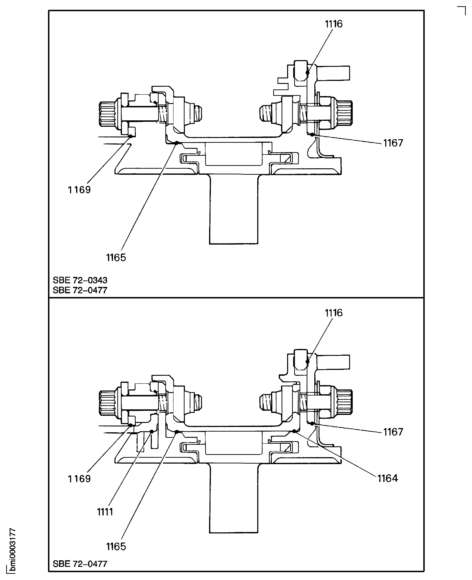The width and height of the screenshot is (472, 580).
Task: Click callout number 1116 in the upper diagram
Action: (334, 24)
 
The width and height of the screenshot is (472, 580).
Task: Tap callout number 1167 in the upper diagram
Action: (393, 143)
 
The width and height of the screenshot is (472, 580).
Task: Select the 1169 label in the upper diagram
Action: (79, 190)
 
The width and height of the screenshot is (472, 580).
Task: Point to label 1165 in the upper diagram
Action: (116, 257)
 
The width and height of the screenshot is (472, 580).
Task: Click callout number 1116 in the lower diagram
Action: (334, 313)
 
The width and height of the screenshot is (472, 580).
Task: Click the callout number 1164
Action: (387, 478)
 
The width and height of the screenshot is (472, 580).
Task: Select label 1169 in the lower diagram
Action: (79, 479)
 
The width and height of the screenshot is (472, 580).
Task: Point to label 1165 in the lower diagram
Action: (116, 546)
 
